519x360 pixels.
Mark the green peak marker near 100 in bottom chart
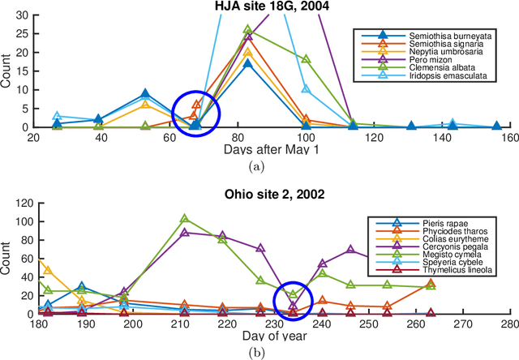185,219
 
